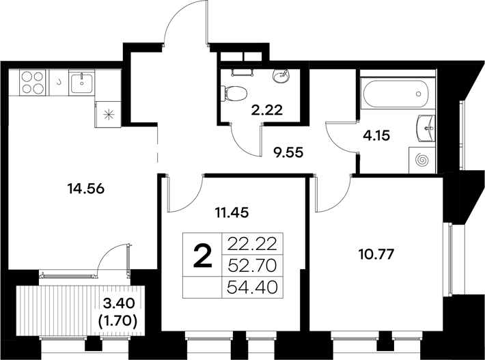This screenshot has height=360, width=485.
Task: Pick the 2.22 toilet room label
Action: [266, 107]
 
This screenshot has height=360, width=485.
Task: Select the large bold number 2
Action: [202, 258]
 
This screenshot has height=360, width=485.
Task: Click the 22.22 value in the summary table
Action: [253, 243]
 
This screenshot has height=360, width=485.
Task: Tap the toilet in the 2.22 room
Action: [236, 90]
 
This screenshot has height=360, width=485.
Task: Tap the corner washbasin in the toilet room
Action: [281, 75]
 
